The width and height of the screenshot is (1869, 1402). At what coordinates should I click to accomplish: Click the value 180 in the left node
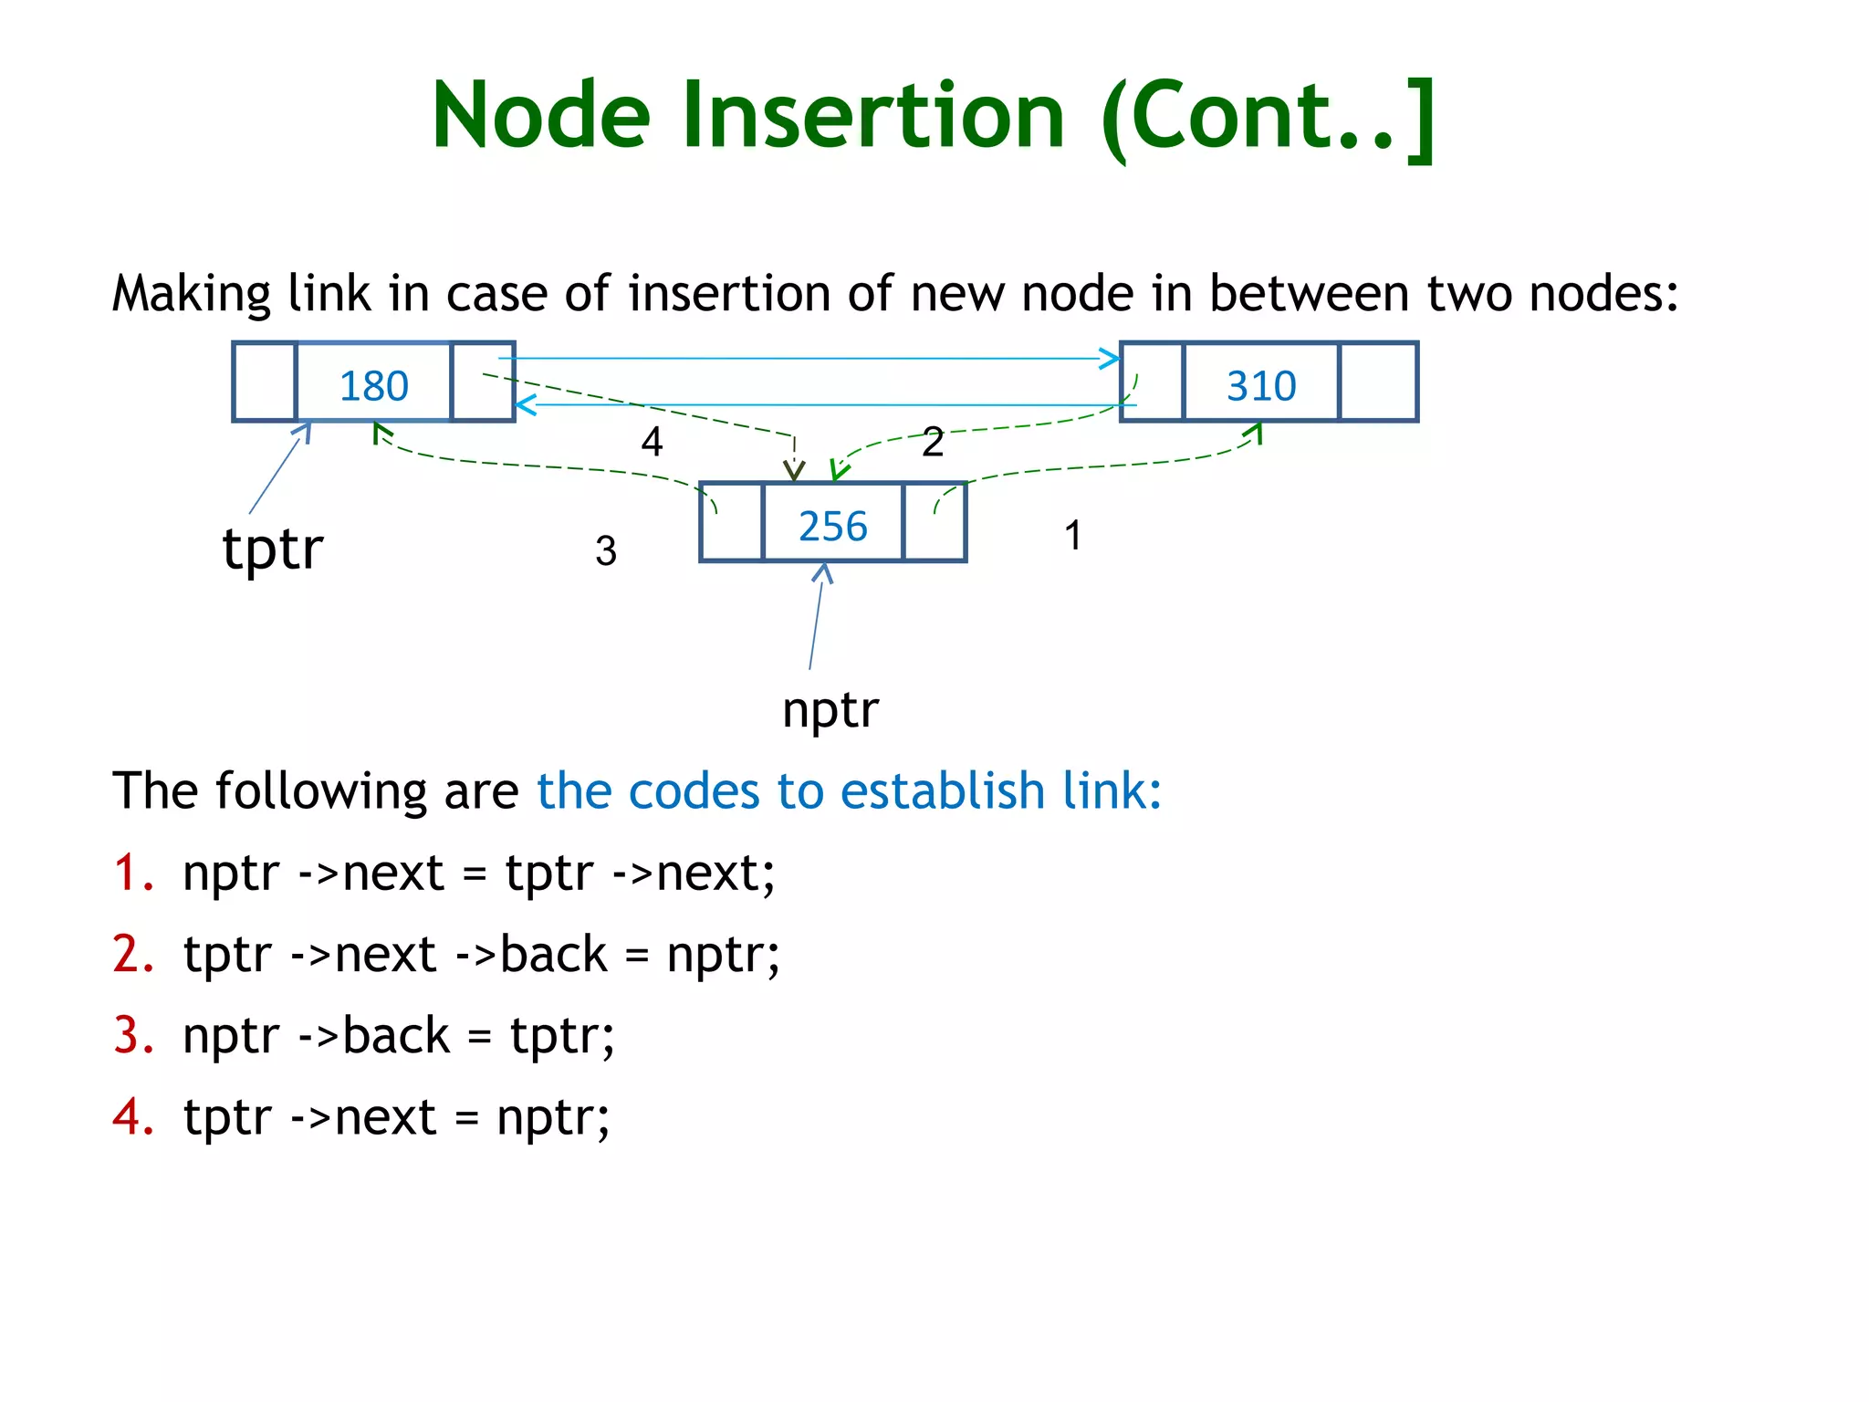coord(373,385)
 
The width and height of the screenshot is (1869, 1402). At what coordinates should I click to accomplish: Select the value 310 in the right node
coord(1260,385)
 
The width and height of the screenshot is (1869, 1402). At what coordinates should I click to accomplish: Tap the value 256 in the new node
coord(832,526)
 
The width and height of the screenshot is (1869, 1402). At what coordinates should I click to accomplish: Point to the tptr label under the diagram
coord(273,549)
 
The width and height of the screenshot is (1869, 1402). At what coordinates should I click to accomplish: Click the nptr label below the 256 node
coord(830,709)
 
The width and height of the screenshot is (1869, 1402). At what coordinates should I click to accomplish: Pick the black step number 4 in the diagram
coord(652,442)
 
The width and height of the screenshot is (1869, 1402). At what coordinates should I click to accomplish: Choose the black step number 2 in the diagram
coord(933,442)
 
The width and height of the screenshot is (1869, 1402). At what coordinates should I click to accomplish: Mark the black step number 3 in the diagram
coord(606,550)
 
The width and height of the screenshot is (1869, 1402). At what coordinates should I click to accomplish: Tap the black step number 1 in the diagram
coord(1073,535)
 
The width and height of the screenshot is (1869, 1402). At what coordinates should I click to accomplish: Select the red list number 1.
coord(131,872)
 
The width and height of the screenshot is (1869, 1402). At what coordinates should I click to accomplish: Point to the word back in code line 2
coord(553,954)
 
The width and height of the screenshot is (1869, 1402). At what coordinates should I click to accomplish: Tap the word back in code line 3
coord(395,1035)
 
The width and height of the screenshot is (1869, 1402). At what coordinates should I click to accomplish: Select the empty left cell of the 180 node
coord(265,382)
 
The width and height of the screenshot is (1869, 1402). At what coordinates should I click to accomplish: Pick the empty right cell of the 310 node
coord(1377,382)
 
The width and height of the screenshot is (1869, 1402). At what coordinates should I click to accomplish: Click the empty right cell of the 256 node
coord(934,522)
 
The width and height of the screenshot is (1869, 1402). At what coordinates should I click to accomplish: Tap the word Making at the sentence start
coord(191,294)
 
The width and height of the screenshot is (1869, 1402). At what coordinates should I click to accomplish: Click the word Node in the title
coord(540,115)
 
